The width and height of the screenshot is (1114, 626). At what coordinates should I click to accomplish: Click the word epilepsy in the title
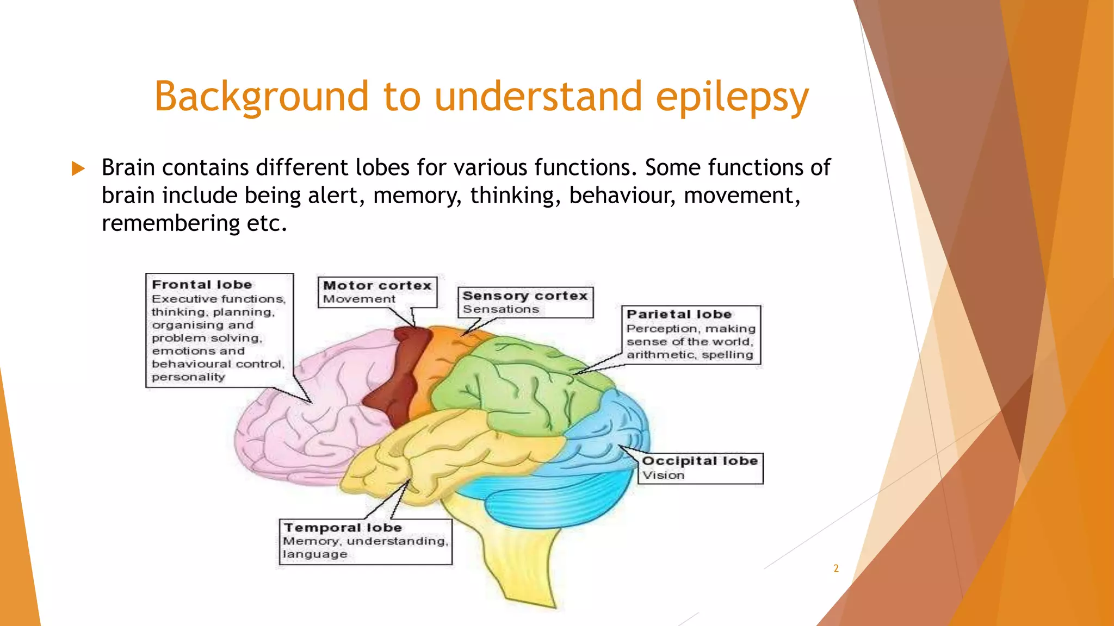point(732,97)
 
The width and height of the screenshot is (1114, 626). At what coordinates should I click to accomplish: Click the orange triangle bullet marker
point(78,168)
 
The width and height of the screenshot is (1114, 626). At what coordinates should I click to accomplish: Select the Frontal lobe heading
point(202,285)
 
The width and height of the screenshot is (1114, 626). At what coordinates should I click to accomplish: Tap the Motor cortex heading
point(377,285)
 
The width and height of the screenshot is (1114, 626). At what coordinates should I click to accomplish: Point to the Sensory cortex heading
point(525,296)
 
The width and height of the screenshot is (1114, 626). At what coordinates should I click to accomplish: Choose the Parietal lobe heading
point(679,314)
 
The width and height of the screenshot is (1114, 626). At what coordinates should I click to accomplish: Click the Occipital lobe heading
point(700,461)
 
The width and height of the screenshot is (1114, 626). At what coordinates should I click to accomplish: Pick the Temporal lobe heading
point(343,528)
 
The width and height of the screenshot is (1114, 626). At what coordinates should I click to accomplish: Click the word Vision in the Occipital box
point(663,475)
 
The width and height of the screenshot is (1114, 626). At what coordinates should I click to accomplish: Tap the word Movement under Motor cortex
point(359,299)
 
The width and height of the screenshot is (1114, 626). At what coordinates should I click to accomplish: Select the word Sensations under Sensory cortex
point(500,309)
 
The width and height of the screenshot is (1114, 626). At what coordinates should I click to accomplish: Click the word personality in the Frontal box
point(188,377)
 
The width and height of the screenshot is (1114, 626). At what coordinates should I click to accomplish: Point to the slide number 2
point(836,568)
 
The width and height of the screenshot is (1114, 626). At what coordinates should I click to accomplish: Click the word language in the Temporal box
point(315,554)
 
